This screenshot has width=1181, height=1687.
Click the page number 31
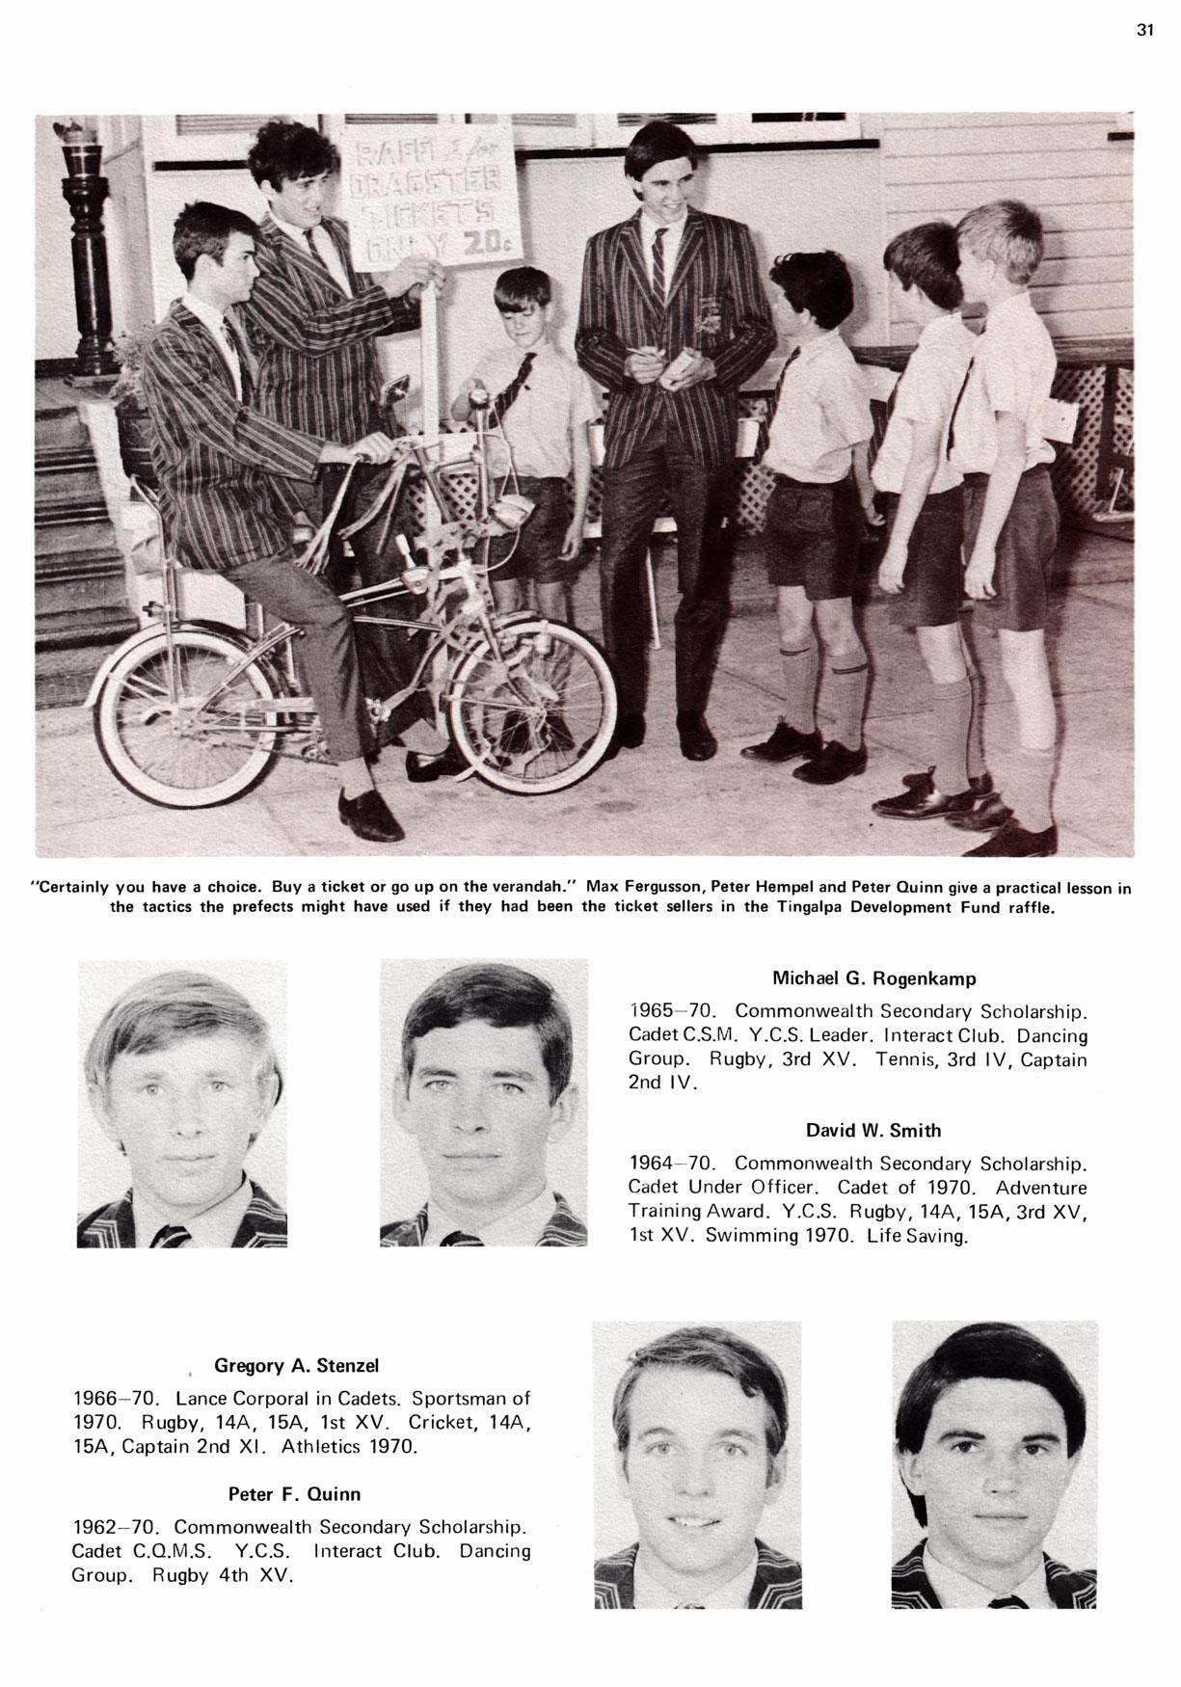(x=1144, y=30)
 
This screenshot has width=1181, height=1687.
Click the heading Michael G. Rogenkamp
(x=873, y=978)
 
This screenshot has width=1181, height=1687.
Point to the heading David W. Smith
(x=873, y=1131)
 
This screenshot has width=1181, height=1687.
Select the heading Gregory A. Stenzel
(x=297, y=1365)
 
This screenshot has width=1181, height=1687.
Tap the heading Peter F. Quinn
(x=294, y=1494)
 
